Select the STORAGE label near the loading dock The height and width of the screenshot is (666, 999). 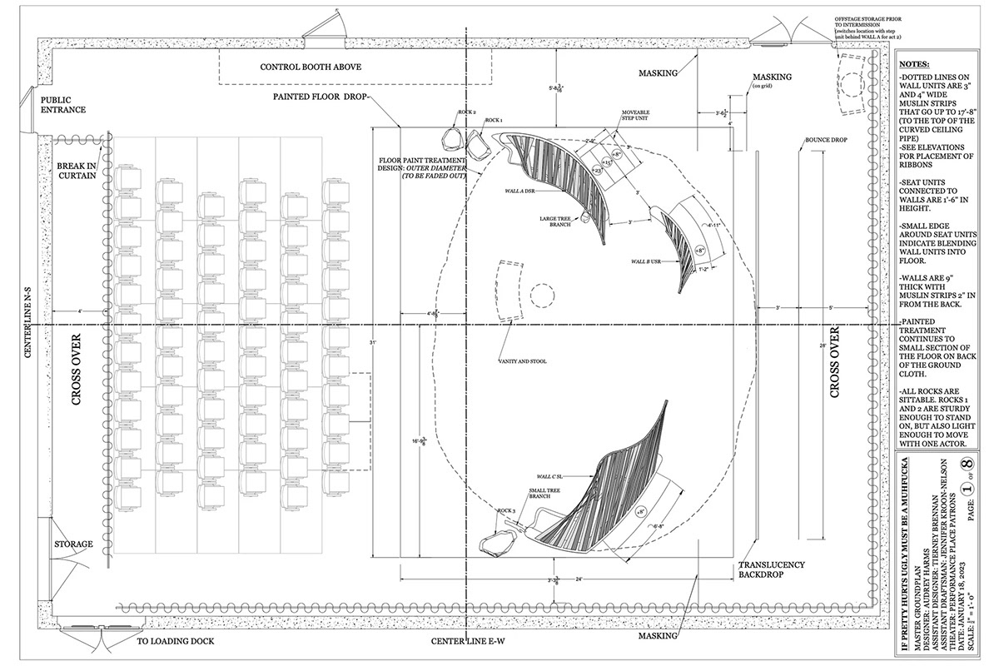pyautogui.click(x=73, y=544)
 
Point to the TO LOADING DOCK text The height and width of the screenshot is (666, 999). pyautogui.click(x=176, y=642)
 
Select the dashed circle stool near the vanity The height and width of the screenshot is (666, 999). pyautogui.click(x=542, y=296)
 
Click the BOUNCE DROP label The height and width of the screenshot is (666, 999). pyautogui.click(x=826, y=140)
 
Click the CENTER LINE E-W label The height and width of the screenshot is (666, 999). pyautogui.click(x=465, y=642)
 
